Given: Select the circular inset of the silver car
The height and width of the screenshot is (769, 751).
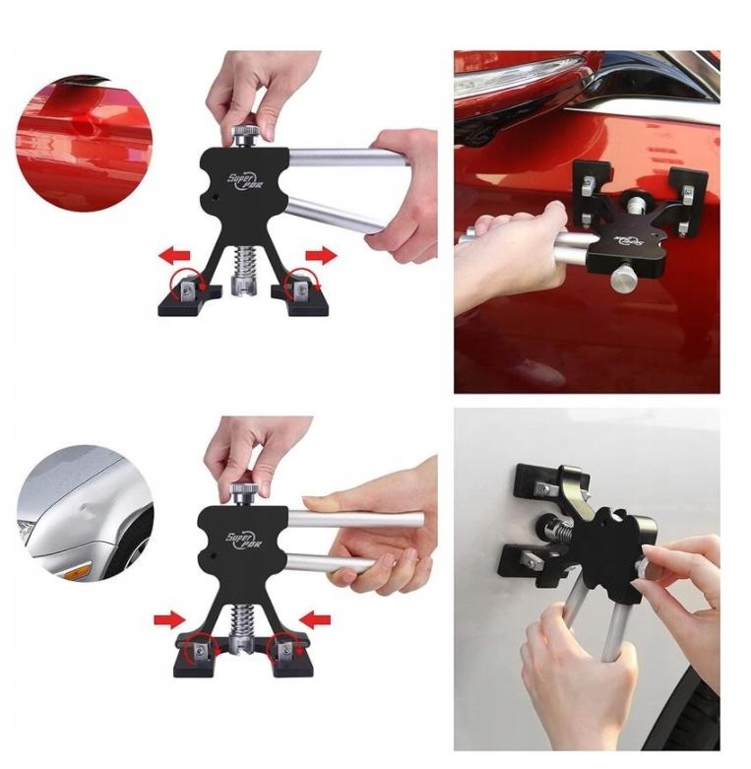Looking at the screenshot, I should [84, 511].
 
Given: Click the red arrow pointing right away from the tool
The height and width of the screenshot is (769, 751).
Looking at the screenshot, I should [319, 256].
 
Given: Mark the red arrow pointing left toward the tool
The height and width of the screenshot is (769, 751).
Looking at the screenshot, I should [316, 619].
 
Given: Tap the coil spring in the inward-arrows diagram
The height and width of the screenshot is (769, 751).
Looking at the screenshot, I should [243, 620].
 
